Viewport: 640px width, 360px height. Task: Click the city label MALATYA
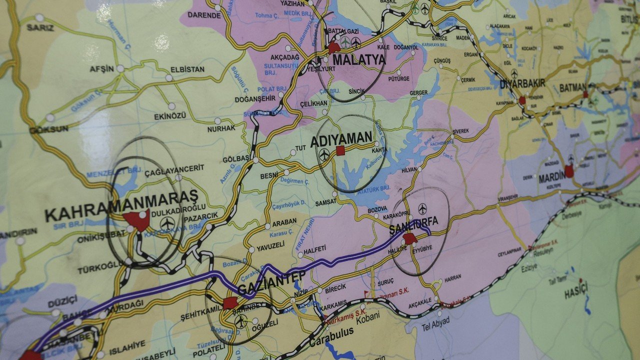[359, 60]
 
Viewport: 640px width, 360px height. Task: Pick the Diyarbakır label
[523, 83]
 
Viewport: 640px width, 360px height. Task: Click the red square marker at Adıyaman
[341, 150]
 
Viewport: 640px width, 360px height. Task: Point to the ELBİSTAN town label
[187, 69]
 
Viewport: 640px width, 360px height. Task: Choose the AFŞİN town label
[102, 69]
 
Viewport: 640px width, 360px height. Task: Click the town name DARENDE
[204, 15]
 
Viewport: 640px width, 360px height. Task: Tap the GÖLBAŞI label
[236, 158]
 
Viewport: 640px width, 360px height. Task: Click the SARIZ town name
[40, 27]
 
